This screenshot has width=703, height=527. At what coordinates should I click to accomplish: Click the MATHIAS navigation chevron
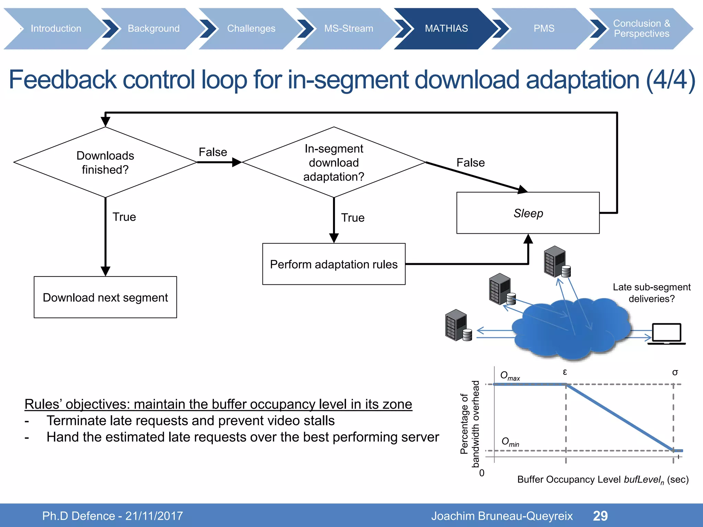[446, 28]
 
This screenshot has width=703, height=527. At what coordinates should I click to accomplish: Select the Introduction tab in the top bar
[56, 28]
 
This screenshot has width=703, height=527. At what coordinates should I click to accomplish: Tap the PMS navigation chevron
[544, 28]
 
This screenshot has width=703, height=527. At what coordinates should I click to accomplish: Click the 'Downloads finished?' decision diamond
[105, 162]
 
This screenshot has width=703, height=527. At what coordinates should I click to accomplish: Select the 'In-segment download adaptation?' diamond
[334, 162]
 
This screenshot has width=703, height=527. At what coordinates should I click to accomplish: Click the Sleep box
[528, 213]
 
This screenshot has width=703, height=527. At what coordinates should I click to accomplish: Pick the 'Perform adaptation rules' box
[334, 264]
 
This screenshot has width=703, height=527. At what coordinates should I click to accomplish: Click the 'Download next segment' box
[105, 297]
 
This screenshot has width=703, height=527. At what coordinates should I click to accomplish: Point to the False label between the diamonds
[213, 152]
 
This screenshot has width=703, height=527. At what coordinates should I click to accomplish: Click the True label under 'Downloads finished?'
[124, 217]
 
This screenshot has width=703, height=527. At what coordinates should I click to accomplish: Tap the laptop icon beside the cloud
[666, 333]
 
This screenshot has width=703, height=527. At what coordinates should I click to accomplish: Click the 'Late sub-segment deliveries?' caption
[651, 293]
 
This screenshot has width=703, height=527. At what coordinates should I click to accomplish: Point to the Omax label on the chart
[509, 376]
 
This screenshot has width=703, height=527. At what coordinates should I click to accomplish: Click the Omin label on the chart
[510, 442]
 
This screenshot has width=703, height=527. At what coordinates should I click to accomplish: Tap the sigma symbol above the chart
[675, 372]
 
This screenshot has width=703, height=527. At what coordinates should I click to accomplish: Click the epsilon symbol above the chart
[565, 372]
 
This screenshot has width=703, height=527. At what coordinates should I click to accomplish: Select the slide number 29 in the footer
[600, 516]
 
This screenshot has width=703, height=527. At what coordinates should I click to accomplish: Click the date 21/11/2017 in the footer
[154, 516]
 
